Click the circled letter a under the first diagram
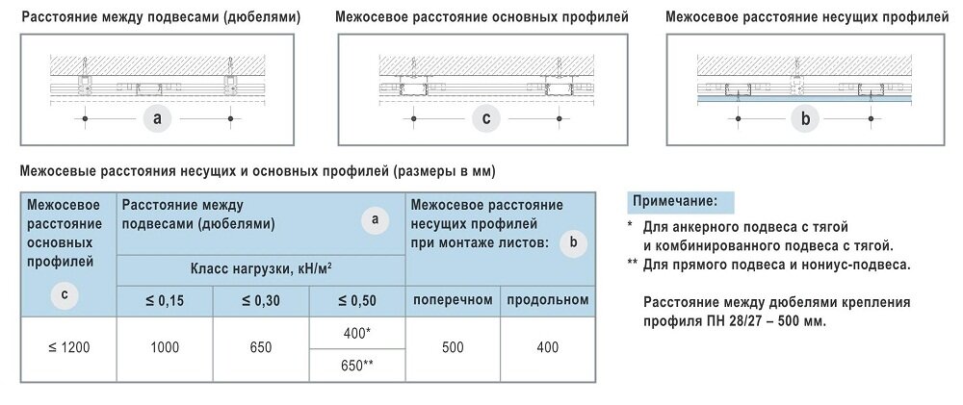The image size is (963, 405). click(x=157, y=118)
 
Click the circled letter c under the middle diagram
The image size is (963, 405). click(x=486, y=118)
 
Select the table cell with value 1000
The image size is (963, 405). click(x=165, y=348)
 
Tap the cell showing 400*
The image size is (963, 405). click(x=356, y=332)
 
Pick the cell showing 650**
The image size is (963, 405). click(x=356, y=366)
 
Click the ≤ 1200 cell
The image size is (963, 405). click(x=68, y=348)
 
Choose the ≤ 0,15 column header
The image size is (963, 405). click(x=165, y=300)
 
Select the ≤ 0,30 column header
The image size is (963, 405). click(x=260, y=300)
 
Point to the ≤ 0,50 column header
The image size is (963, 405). click(x=356, y=300)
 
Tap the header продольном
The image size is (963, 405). click(x=547, y=299)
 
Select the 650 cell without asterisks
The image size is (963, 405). click(x=260, y=348)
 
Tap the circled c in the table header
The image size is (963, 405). click(x=64, y=295)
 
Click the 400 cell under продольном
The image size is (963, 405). click(x=547, y=348)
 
